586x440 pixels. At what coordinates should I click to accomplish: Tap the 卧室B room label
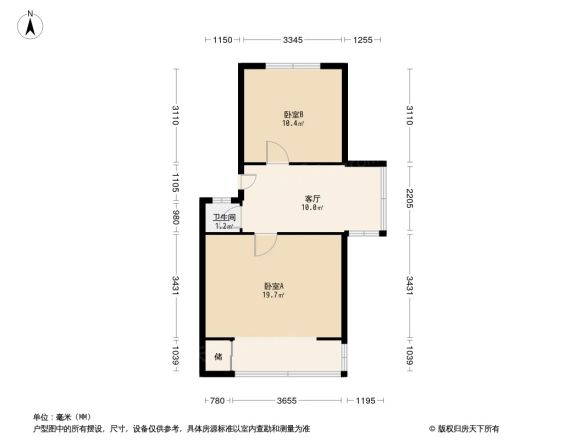(293, 114)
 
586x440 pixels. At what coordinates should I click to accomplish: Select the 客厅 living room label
(312, 198)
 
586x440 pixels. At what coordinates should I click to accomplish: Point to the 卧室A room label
(273, 286)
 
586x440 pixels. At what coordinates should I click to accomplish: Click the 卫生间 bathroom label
(223, 218)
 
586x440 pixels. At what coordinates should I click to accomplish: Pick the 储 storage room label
(217, 355)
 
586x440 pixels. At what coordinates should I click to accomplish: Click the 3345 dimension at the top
(292, 40)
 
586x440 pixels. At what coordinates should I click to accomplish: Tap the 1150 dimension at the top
(221, 40)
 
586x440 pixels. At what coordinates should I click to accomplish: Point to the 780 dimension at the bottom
(216, 401)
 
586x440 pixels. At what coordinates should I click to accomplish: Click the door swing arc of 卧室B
(278, 151)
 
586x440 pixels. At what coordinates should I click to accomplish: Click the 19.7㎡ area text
(273, 296)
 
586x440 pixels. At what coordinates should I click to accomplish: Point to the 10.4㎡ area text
(293, 124)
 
